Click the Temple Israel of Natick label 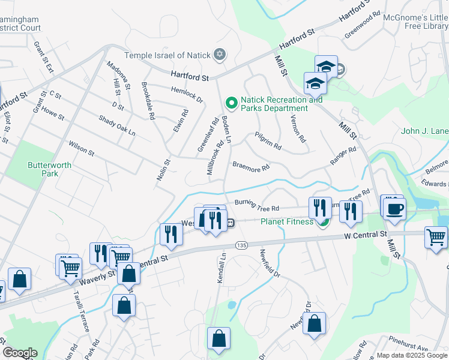pyautogui.click(x=167, y=55)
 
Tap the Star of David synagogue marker pyautogui.click(x=219, y=55)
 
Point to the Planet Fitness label pyautogui.click(x=288, y=221)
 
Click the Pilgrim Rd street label pyautogui.click(x=268, y=141)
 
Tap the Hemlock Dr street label pyautogui.click(x=187, y=95)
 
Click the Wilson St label pyautogui.click(x=82, y=148)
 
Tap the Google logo pyautogui.click(x=20, y=353)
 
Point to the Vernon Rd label pyautogui.click(x=298, y=128)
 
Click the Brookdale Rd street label pyautogui.click(x=148, y=100)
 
